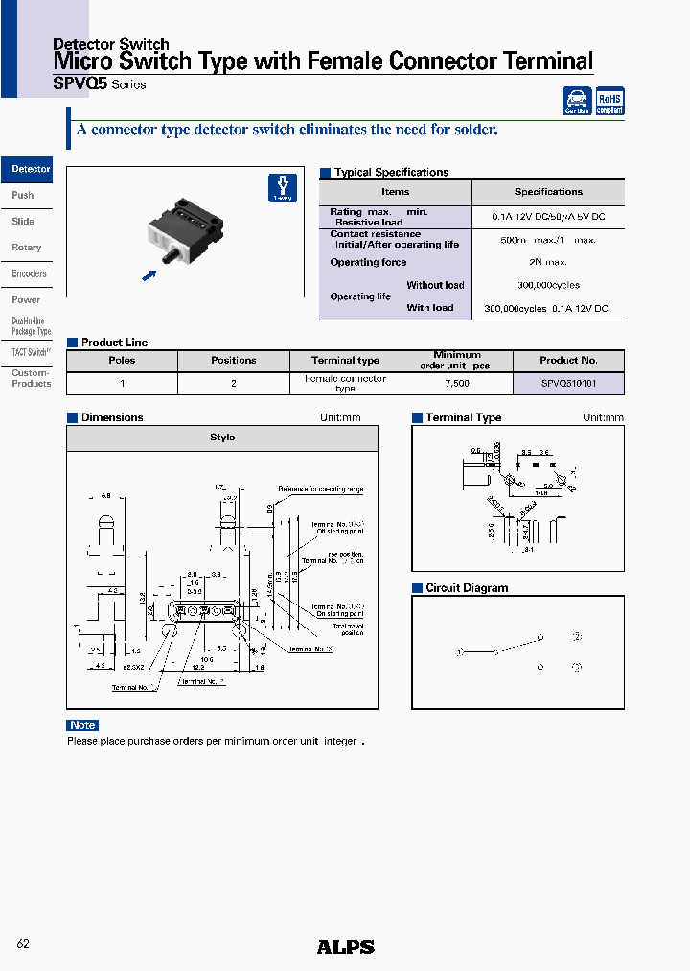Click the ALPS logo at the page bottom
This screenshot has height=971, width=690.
(x=345, y=947)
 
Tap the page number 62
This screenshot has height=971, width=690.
(x=24, y=944)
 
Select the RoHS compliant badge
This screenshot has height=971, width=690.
(x=609, y=102)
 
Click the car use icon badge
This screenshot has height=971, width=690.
(x=577, y=102)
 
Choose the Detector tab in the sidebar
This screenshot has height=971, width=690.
(x=30, y=170)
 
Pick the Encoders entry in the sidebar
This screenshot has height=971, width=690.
(x=29, y=274)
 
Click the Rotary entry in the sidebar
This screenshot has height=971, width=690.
(x=27, y=248)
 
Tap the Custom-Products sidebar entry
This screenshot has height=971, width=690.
(x=31, y=379)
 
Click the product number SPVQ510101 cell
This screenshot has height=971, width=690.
(x=568, y=384)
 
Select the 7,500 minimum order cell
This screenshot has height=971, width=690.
(x=456, y=384)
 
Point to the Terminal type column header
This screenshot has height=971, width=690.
(x=345, y=361)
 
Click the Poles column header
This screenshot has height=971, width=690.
(x=122, y=361)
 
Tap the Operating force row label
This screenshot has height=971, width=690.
(x=368, y=262)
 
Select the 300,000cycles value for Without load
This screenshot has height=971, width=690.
(x=547, y=285)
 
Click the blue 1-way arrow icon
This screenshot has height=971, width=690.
(x=282, y=188)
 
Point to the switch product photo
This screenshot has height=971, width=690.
(x=186, y=231)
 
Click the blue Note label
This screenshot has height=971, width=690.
(x=82, y=725)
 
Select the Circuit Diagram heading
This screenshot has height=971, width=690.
(x=467, y=588)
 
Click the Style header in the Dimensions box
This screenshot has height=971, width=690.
(x=222, y=438)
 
